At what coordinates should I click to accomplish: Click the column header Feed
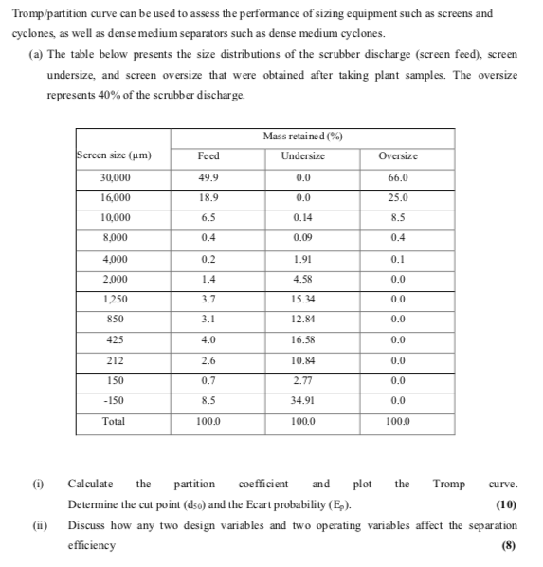(208, 155)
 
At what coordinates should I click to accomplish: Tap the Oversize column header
(398, 155)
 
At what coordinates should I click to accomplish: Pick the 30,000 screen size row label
(116, 177)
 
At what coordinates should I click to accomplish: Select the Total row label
(113, 421)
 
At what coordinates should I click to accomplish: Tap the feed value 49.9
(208, 177)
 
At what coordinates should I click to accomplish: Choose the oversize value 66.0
(398, 177)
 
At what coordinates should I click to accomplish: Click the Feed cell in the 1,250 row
(208, 299)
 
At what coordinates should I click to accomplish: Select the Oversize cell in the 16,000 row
(398, 197)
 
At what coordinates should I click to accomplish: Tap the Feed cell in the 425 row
(208, 339)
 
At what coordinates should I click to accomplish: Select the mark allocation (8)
(510, 545)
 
